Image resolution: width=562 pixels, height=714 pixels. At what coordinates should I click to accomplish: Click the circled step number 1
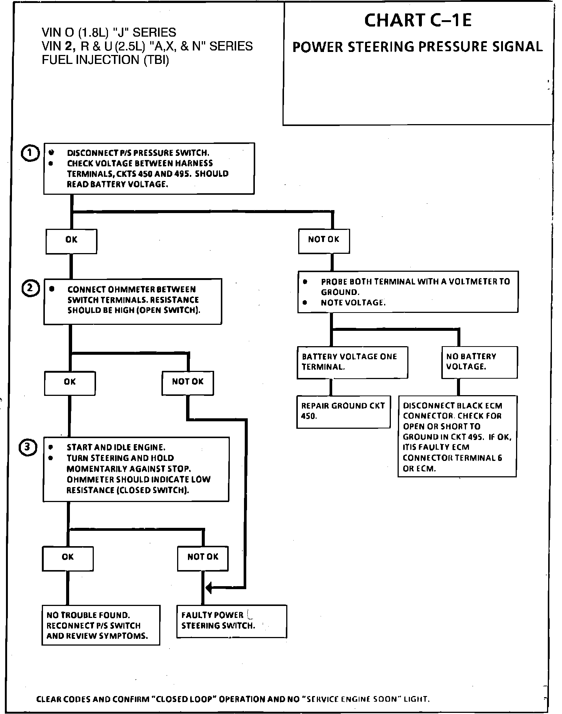pos(31,153)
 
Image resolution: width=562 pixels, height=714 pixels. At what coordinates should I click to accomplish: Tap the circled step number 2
pos(31,289)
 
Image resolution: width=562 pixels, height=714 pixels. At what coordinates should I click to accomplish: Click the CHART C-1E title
pos(418,21)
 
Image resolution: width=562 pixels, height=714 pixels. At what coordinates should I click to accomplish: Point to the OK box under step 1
pos(71,241)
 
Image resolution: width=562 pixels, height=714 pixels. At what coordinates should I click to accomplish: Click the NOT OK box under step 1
pos(324,241)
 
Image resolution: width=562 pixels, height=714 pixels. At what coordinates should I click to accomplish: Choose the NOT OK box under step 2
pos(188,383)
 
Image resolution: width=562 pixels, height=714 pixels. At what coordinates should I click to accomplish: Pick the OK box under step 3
pos(68,558)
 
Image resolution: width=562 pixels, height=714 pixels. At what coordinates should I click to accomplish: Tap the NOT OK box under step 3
pos(203,558)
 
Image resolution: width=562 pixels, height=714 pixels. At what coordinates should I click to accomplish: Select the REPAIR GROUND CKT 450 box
pos(343,411)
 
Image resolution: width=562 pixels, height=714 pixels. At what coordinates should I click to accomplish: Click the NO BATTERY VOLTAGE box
pos(479,362)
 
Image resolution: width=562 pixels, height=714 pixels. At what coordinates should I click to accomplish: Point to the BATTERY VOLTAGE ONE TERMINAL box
pos(352,362)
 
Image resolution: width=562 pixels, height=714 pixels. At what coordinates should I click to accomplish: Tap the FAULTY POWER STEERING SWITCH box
pos(231,621)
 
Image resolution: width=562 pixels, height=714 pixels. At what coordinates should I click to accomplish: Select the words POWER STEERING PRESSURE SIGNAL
pos(417,47)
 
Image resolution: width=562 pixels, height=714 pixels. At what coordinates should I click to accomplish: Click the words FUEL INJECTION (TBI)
pos(105,60)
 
